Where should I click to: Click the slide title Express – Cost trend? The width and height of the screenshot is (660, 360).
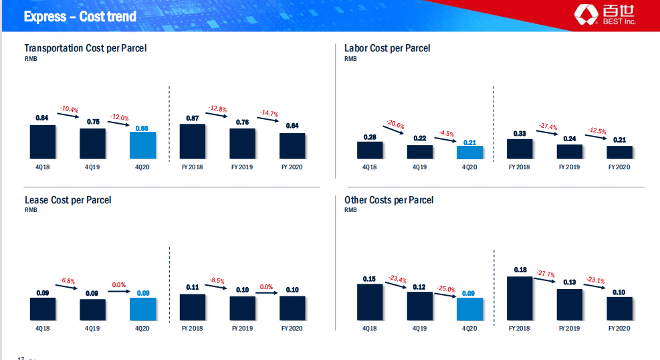[x=80, y=16]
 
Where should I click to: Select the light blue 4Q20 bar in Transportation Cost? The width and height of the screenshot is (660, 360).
[x=142, y=145]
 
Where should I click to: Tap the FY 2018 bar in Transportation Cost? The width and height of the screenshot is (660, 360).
[x=193, y=141]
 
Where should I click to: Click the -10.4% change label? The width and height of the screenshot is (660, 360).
[x=69, y=109]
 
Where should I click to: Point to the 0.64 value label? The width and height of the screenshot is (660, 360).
[x=292, y=126]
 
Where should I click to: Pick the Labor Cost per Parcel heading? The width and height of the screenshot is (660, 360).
[x=387, y=48]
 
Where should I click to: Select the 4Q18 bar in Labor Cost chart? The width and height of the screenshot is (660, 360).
[x=370, y=150]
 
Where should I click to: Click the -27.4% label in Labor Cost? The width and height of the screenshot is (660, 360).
[x=548, y=126]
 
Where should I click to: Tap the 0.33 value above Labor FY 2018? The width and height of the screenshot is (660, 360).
[x=520, y=133]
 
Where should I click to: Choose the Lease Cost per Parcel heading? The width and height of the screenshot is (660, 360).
[x=68, y=200]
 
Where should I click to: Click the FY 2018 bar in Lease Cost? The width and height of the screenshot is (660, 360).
[x=193, y=306]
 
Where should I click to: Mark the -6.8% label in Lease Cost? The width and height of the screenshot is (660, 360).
[x=67, y=280]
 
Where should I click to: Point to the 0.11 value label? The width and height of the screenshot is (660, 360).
[x=193, y=287]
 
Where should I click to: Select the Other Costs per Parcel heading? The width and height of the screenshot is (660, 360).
[x=389, y=200]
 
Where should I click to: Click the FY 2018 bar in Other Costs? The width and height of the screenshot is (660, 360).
[x=520, y=298]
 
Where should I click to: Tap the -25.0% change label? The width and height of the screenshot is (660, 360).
[x=447, y=289]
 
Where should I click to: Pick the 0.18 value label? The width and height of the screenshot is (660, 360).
[x=520, y=270]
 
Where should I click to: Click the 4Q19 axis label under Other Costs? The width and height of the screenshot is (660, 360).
[x=419, y=329]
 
